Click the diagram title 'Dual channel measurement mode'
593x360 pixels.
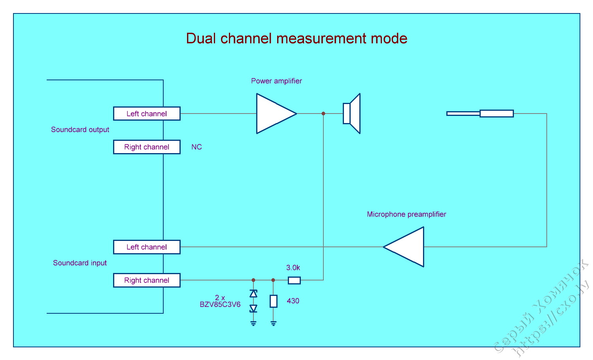click(296, 38)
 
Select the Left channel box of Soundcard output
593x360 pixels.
click(147, 114)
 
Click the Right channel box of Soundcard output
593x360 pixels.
click(147, 147)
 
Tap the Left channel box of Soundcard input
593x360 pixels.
click(147, 247)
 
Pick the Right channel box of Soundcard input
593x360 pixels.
click(147, 280)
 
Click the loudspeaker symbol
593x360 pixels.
click(351, 114)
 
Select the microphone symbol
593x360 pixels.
click(480, 114)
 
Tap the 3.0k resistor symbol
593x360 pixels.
click(294, 280)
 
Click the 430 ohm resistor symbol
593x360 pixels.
click(273, 301)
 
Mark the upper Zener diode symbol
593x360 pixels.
click(253, 294)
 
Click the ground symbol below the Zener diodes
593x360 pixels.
click(253, 323)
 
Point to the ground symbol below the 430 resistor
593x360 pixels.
click(273, 323)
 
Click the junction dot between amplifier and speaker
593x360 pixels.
click(323, 114)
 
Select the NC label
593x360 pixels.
click(196, 147)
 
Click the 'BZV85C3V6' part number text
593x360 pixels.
click(220, 305)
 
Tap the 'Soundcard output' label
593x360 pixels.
click(80, 130)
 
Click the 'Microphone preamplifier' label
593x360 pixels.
click(406, 214)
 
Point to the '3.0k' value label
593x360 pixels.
click(293, 268)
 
